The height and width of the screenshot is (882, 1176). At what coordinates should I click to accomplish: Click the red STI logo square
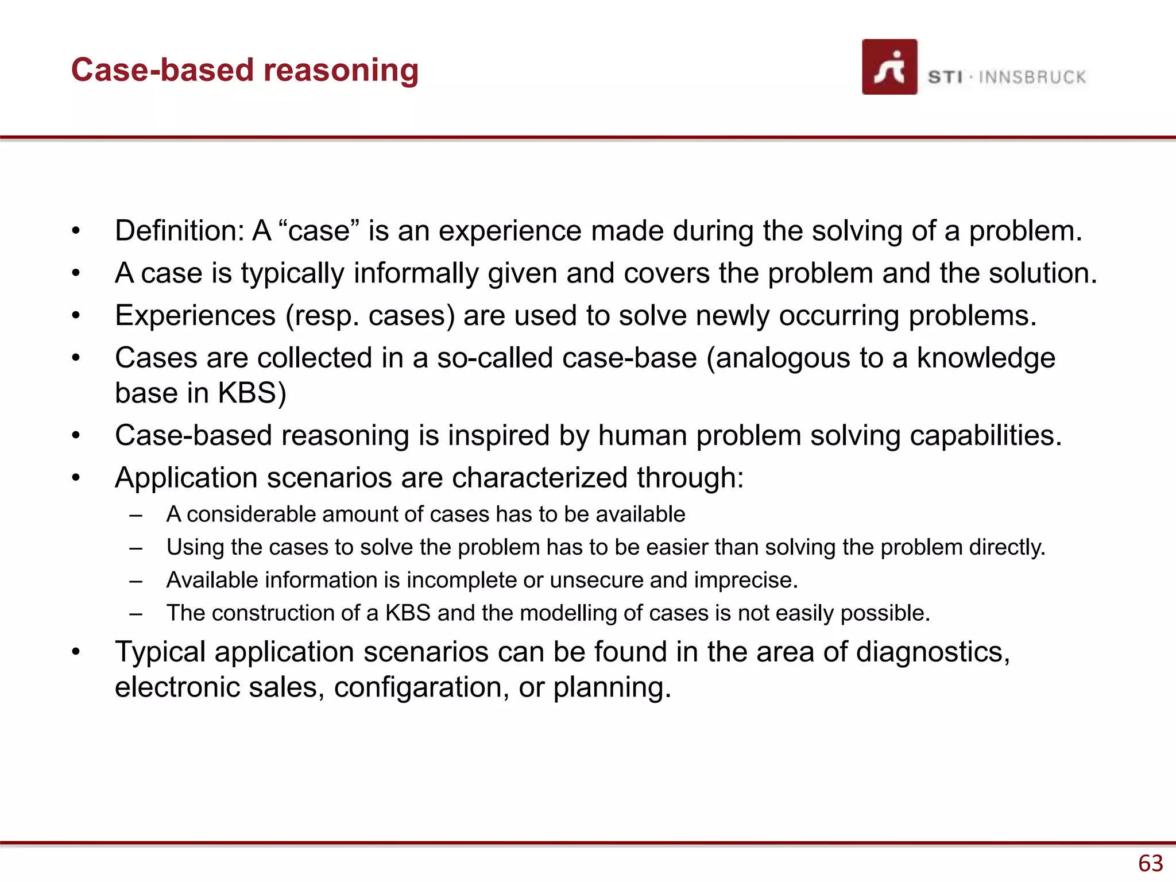pyautogui.click(x=889, y=67)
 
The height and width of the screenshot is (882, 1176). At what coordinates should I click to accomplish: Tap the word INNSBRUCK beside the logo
pyautogui.click(x=1032, y=78)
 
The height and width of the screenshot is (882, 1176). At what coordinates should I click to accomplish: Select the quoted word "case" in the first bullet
pyautogui.click(x=318, y=231)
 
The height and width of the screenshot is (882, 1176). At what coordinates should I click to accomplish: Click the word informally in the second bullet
pyautogui.click(x=416, y=273)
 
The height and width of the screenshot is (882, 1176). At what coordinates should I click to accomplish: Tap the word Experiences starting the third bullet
pyautogui.click(x=195, y=316)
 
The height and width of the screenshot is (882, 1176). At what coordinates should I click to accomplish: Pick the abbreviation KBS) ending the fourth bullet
pyautogui.click(x=252, y=394)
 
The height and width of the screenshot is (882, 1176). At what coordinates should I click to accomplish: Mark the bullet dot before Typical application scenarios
pyautogui.click(x=76, y=652)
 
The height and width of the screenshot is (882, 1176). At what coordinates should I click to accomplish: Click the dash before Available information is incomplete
pyautogui.click(x=136, y=581)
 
